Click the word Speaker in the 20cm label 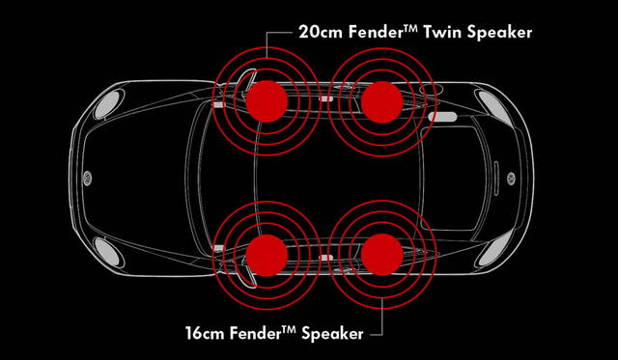pyautogui.click(x=499, y=33)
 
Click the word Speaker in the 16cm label pyautogui.click(x=332, y=334)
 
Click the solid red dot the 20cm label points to pyautogui.click(x=267, y=101)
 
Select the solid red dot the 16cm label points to pyautogui.click(x=382, y=255)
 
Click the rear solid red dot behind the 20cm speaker pyautogui.click(x=382, y=102)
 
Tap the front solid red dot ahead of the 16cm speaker pyautogui.click(x=267, y=255)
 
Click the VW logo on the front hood pyautogui.click(x=88, y=178)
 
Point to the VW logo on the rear pyautogui.click(x=511, y=179)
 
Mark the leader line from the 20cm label pyautogui.click(x=267, y=41)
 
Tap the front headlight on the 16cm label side pyautogui.click(x=107, y=251)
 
